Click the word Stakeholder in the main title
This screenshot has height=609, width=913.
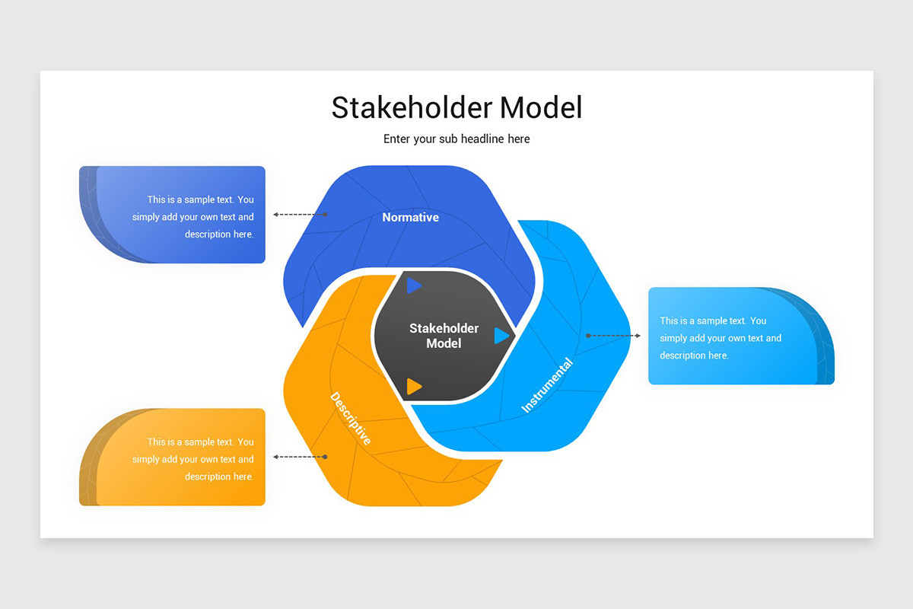tap(412, 108)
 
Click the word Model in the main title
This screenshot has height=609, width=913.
tap(541, 108)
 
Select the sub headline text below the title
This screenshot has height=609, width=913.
tap(456, 139)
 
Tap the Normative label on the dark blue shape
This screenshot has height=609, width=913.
tap(410, 218)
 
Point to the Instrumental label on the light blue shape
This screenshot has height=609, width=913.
tap(547, 385)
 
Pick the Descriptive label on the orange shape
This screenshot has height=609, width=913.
tap(351, 419)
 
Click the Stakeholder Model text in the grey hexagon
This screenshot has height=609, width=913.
tap(444, 336)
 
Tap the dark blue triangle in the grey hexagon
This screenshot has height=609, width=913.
tap(413, 285)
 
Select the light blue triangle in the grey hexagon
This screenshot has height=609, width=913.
tap(501, 336)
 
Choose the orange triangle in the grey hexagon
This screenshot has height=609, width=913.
tap(413, 386)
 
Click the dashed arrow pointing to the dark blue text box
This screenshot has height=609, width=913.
tap(300, 215)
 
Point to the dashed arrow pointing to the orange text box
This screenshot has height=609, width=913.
tap(300, 457)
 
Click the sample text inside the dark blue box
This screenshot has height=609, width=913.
tap(193, 217)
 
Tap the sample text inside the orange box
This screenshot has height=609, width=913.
tap(193, 459)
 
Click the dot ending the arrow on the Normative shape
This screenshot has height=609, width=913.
tap(326, 215)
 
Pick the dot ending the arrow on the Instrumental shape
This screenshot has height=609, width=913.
tap(588, 336)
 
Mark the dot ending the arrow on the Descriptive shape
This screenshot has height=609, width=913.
tap(325, 457)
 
